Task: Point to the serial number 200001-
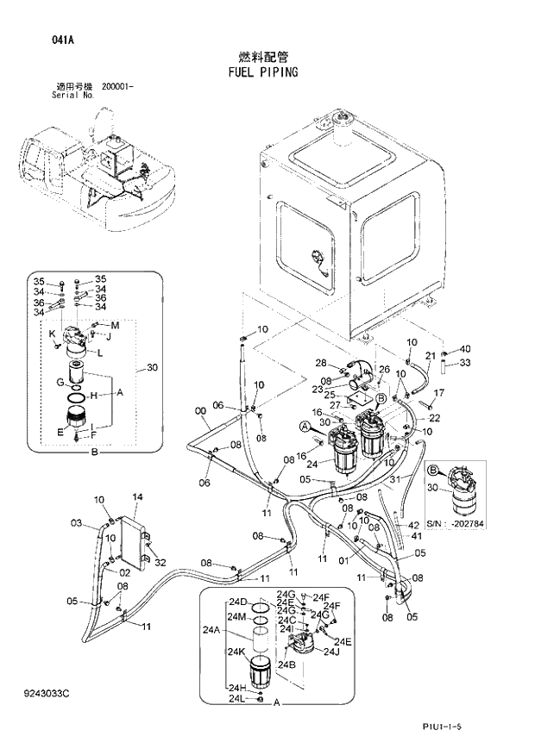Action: click(x=117, y=86)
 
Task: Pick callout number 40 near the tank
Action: click(x=466, y=349)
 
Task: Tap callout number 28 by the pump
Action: click(x=320, y=363)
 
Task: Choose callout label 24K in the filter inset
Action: click(x=237, y=652)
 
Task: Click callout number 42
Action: click(x=414, y=525)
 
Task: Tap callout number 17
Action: click(x=438, y=393)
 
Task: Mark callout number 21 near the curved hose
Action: click(x=431, y=356)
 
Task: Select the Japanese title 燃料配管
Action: click(x=265, y=54)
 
